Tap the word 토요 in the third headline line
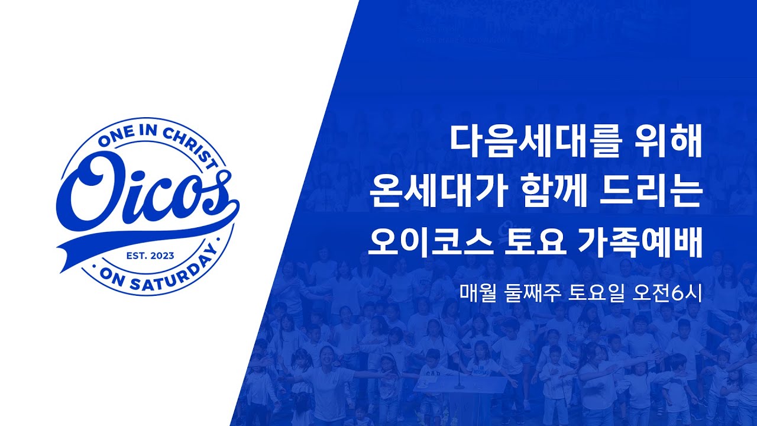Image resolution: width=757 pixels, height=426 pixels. click(x=530, y=241)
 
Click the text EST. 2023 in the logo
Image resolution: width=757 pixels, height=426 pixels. click(x=151, y=256)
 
